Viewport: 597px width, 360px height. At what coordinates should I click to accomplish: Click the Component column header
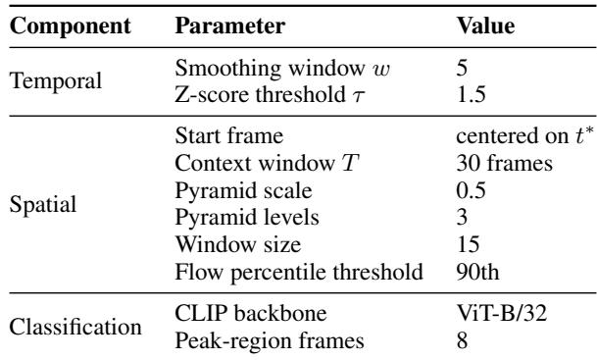(x=70, y=26)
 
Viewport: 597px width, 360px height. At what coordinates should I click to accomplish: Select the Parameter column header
(x=230, y=26)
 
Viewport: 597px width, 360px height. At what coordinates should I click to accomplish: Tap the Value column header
(x=485, y=26)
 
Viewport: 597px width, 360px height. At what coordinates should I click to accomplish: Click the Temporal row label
(x=56, y=81)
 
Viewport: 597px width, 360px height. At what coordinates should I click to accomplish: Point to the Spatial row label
(x=43, y=205)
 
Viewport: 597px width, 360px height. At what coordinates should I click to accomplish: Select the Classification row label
(x=75, y=327)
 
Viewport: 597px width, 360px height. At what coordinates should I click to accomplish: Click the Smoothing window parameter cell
(x=282, y=69)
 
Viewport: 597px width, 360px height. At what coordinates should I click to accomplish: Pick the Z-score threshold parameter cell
(x=270, y=95)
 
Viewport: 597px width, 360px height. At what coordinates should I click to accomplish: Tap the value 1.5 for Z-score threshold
(x=471, y=95)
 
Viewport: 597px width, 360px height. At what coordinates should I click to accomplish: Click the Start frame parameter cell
(x=229, y=136)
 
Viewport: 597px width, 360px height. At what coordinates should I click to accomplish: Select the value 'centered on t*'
(x=525, y=135)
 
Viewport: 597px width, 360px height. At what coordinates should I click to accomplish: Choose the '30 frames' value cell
(x=505, y=164)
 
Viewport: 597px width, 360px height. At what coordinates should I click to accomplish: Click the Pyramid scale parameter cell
(x=243, y=191)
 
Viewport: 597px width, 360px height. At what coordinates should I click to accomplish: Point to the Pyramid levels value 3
(x=463, y=217)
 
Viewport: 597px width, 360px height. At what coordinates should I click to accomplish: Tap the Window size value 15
(x=468, y=244)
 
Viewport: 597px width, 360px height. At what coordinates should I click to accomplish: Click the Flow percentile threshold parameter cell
(x=299, y=273)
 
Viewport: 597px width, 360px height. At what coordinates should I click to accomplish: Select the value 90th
(x=477, y=272)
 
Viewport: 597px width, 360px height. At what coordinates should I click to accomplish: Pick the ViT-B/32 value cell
(x=502, y=313)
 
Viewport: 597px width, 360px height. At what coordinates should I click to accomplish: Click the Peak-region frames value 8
(x=463, y=340)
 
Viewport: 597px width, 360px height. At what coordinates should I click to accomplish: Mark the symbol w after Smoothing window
(x=381, y=70)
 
